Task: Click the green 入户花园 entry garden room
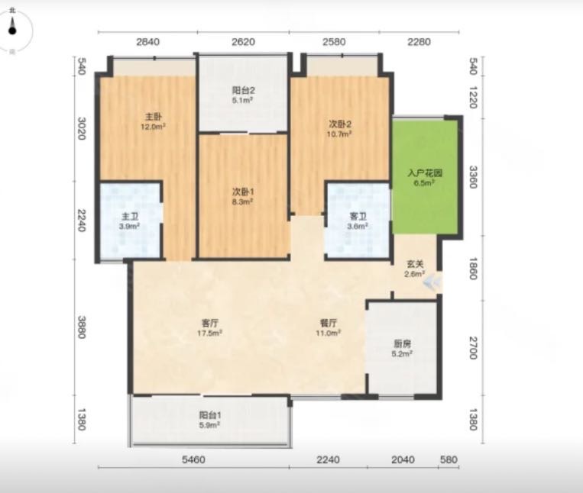[x=425, y=177]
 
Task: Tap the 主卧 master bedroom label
[x=153, y=117]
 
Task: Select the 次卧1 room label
[x=243, y=192]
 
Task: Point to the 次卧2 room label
[x=339, y=124]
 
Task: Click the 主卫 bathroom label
[x=130, y=217]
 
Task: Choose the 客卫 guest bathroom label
[x=358, y=217]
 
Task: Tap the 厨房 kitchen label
[x=402, y=343]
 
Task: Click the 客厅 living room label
[x=209, y=323]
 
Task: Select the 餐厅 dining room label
[x=329, y=323]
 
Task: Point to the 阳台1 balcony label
[x=209, y=415]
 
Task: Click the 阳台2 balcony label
[x=243, y=90]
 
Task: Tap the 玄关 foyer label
[x=415, y=264]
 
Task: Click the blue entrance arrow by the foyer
[x=432, y=283]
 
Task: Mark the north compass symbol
[x=13, y=31]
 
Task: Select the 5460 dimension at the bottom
[x=193, y=460]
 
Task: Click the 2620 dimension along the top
[x=243, y=41]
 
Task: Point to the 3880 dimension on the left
[x=82, y=327]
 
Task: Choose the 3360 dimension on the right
[x=472, y=177]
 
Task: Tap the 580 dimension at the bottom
[x=449, y=459]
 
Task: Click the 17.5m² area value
[x=209, y=333]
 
